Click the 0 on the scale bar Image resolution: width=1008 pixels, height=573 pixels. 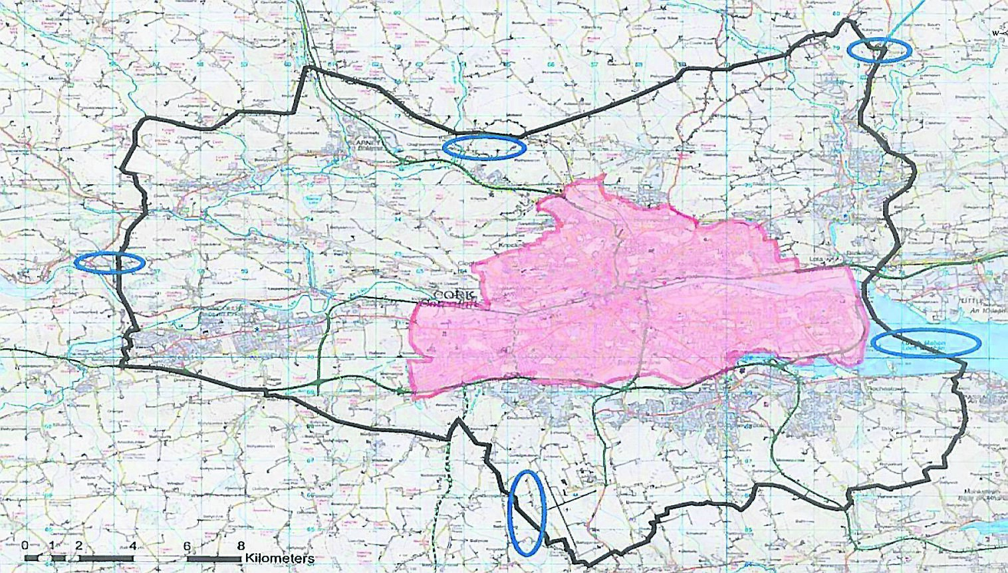[25, 546]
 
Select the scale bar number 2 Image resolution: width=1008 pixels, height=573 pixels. [79, 546]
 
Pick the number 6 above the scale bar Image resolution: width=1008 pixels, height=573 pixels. [187, 546]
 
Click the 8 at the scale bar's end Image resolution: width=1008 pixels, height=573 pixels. [241, 546]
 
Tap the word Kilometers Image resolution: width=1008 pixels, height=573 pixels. [280, 558]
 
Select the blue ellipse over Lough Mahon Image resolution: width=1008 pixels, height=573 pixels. [926, 342]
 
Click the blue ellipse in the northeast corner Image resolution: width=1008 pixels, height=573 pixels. [878, 50]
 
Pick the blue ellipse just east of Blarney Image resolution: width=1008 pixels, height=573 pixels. [484, 147]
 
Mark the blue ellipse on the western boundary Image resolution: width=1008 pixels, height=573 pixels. [110, 263]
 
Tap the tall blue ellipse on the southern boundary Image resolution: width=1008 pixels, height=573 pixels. [527, 513]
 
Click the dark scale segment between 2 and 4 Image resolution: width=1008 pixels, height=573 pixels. [106, 558]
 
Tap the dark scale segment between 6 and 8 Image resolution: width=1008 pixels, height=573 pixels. [214, 558]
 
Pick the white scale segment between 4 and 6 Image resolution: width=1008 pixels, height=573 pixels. [160, 558]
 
